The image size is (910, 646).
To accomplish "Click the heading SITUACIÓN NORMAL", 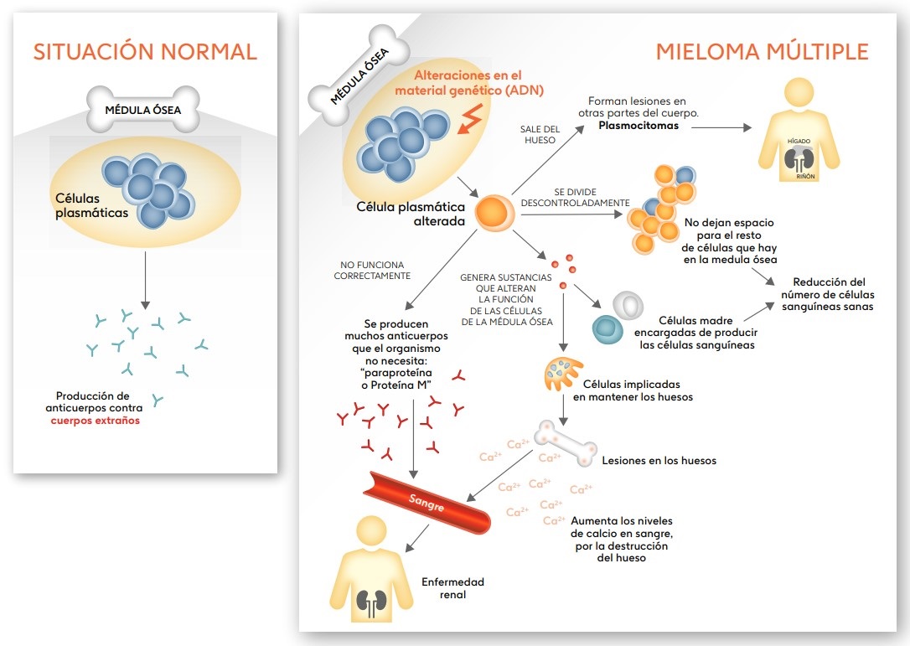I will click(145, 51).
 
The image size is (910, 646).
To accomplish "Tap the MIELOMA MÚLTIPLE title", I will click(762, 51).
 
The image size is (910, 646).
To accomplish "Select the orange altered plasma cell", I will click(495, 213).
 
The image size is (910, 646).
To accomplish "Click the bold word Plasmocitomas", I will click(639, 126).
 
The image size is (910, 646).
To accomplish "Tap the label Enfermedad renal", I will click(452, 588).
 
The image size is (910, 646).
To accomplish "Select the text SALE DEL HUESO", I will click(540, 134).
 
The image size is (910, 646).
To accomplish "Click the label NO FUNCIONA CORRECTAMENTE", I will click(372, 269).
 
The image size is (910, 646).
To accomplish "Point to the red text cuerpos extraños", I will click(95, 421).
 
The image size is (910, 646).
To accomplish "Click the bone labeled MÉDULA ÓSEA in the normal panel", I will click(145, 110).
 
